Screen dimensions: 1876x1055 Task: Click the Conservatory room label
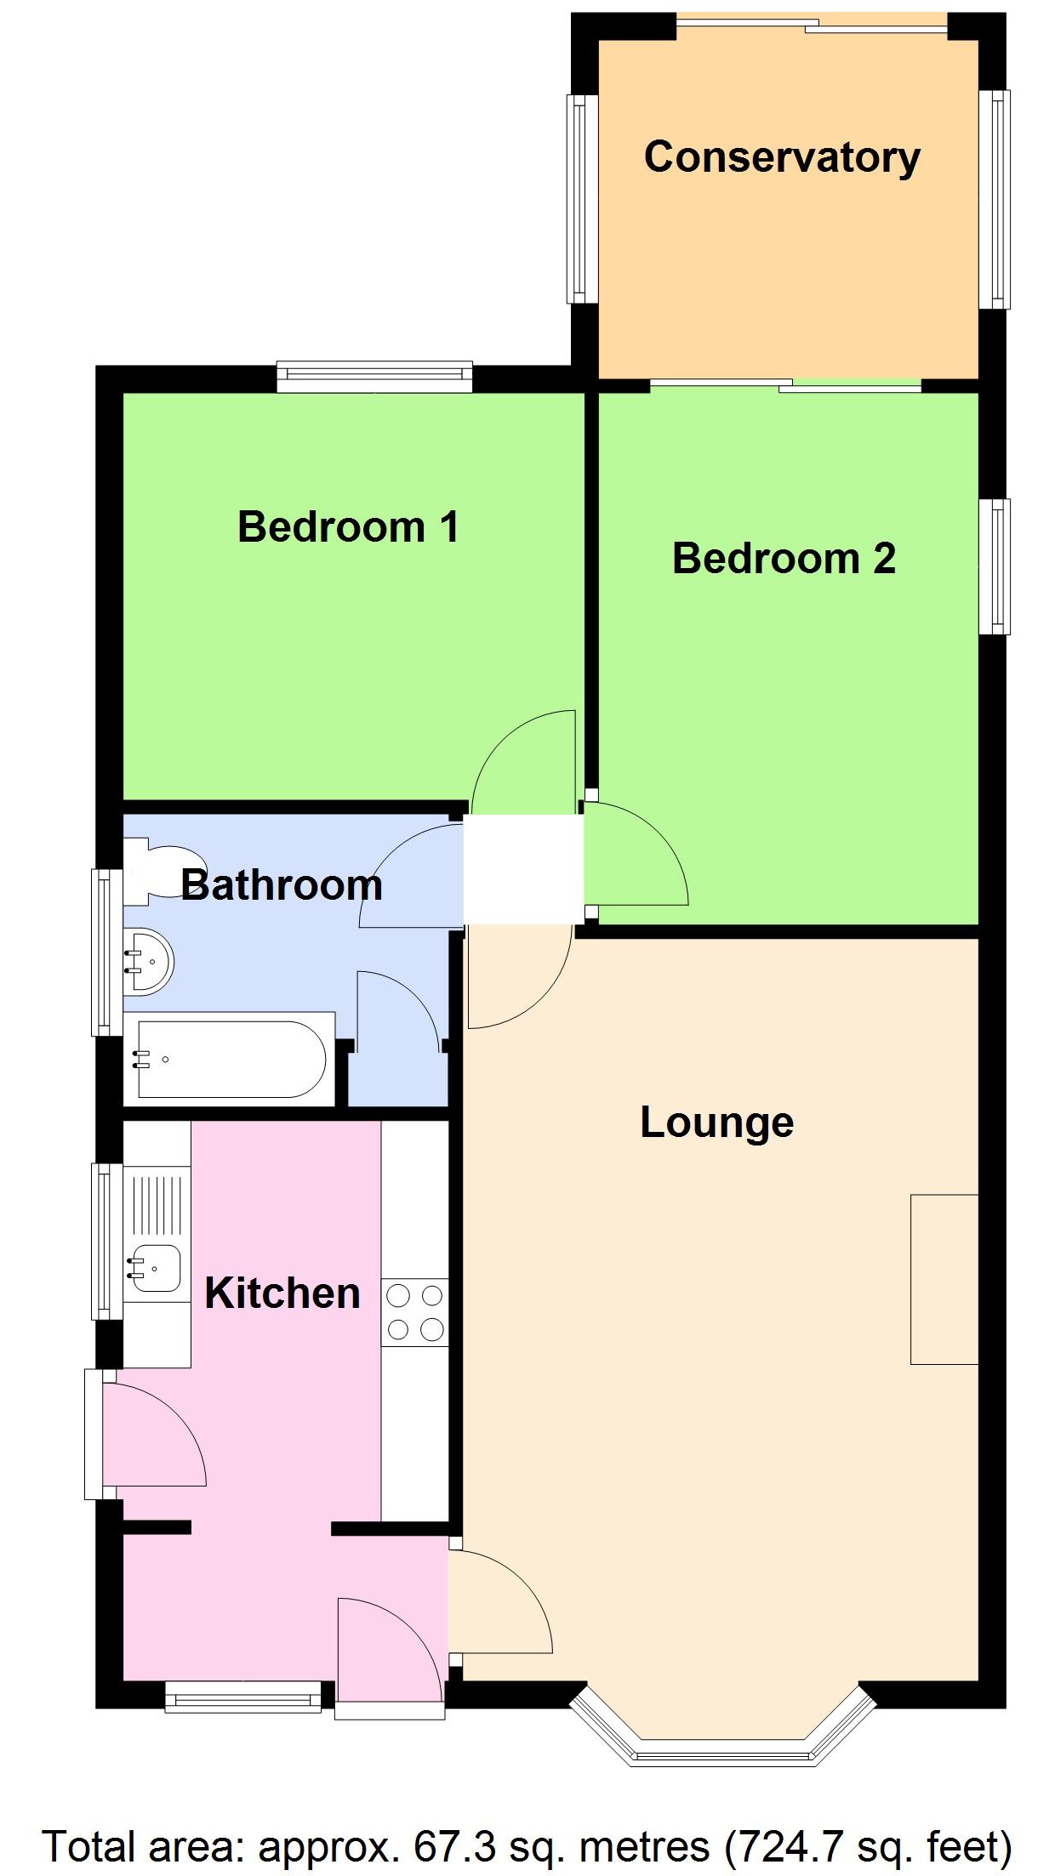[781, 158]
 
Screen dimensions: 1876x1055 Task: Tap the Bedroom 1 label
[348, 527]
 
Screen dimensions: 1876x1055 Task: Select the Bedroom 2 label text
[784, 559]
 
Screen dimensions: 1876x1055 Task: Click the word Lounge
[716, 1123]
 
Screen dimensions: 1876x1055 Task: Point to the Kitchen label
[282, 1293]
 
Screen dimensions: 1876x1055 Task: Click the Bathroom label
[281, 885]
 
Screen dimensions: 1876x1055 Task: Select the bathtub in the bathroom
[230, 1060]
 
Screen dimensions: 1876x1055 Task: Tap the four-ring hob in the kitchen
[414, 1312]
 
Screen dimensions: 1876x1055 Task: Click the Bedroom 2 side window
[994, 566]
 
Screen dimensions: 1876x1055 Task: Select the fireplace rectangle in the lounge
[944, 1280]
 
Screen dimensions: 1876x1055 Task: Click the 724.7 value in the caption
[792, 1847]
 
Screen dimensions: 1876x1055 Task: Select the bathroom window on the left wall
[106, 952]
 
